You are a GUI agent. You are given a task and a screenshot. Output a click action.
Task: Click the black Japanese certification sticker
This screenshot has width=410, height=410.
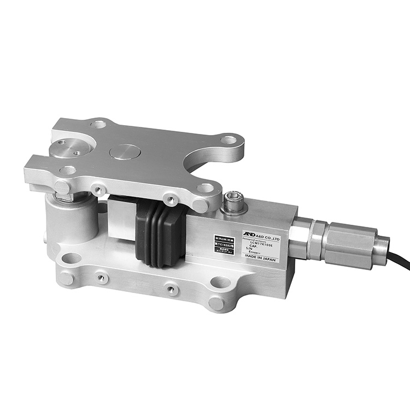(225, 246)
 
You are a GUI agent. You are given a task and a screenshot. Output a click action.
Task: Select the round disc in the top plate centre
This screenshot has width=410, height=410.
(125, 151)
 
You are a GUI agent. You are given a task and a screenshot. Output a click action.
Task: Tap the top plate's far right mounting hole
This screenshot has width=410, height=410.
(229, 140)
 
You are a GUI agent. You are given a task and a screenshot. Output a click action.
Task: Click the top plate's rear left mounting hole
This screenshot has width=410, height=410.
(98, 124)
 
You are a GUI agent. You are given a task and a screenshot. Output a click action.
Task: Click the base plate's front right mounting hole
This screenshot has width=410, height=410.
(220, 283)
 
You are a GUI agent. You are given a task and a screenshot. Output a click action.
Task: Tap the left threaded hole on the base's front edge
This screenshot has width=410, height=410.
(101, 278)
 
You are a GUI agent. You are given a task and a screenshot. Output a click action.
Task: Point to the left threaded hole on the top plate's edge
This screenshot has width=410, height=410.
(98, 190)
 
